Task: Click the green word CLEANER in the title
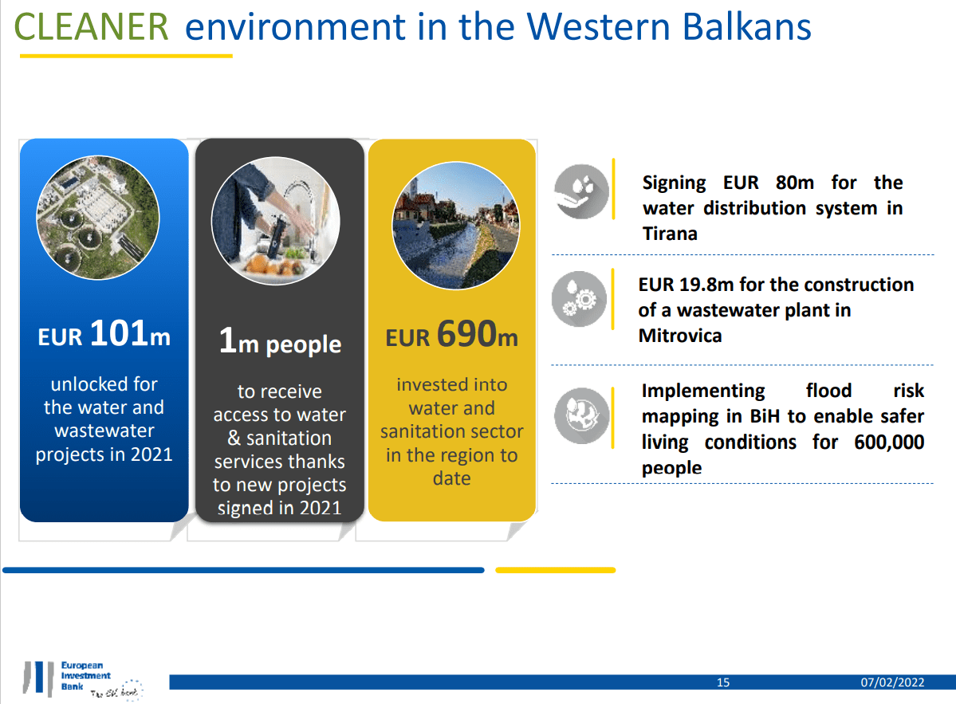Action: pos(92,27)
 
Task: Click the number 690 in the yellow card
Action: pos(466,334)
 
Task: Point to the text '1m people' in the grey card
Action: pos(280,343)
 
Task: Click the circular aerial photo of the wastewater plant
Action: pos(98,216)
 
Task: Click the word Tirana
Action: pos(670,234)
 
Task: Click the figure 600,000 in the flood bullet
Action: pos(889,442)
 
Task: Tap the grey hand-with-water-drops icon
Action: pos(581,192)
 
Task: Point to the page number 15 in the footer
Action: pos(723,682)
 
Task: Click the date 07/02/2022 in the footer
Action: pos(892,682)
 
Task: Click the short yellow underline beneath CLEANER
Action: pos(125,56)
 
